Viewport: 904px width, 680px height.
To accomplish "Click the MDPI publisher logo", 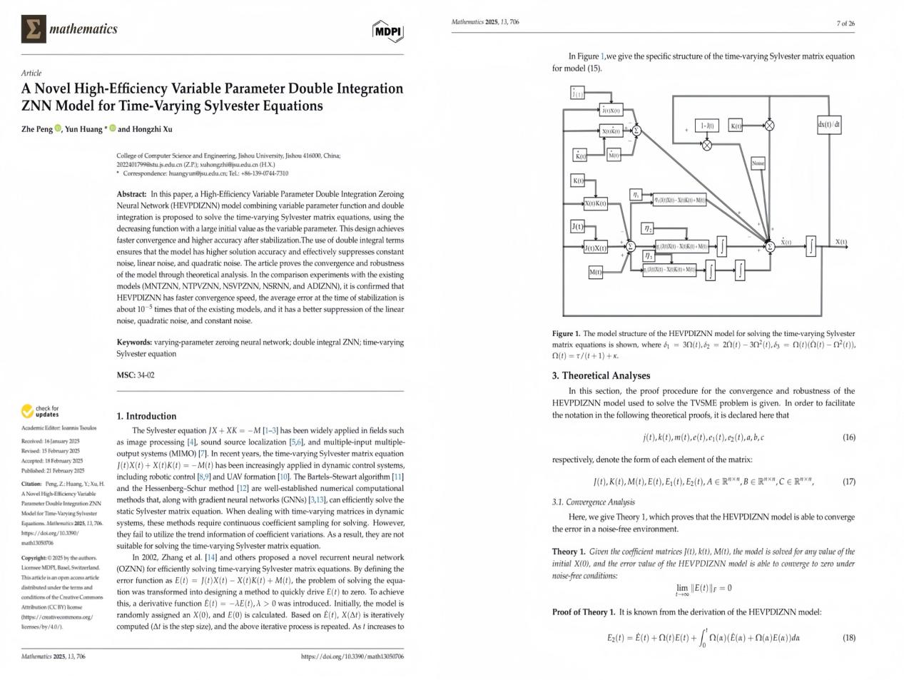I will click(x=387, y=31).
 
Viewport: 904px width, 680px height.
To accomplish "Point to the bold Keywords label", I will click(x=134, y=342).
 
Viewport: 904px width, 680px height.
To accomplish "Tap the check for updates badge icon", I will click(x=28, y=411).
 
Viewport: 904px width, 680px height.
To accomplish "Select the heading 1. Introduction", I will click(x=146, y=416).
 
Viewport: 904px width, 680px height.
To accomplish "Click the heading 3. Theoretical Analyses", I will click(x=601, y=376).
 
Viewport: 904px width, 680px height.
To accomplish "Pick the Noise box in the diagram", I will click(x=758, y=163).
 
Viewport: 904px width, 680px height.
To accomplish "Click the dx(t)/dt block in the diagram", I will click(x=829, y=125).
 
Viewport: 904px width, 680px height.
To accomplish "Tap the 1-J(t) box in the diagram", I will click(x=706, y=126).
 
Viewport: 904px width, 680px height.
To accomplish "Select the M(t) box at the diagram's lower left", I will click(x=595, y=272).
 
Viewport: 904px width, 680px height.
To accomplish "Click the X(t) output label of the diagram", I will click(x=841, y=242).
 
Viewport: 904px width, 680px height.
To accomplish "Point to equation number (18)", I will click(x=848, y=638).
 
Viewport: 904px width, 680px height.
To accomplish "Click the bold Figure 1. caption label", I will click(x=566, y=333).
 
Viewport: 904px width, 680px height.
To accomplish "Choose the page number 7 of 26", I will click(x=845, y=24).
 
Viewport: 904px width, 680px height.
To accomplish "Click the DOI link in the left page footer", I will click(x=352, y=656).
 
